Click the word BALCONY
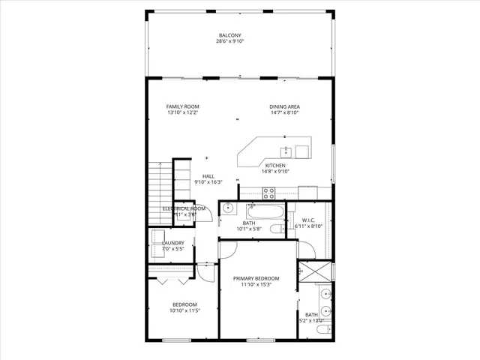pos(229,35)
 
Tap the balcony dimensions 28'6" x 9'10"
pos(229,42)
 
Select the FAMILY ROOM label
pos(182,107)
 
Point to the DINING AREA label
pos(285,107)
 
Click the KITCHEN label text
pos(275,165)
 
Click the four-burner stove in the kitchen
pos(268,191)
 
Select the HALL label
pos(208,176)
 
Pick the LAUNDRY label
pos(174,242)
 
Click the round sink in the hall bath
pos(229,208)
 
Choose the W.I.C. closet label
pos(307,220)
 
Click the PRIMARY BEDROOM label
pos(256,278)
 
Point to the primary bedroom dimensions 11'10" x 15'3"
pos(256,285)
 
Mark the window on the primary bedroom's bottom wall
pos(256,340)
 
